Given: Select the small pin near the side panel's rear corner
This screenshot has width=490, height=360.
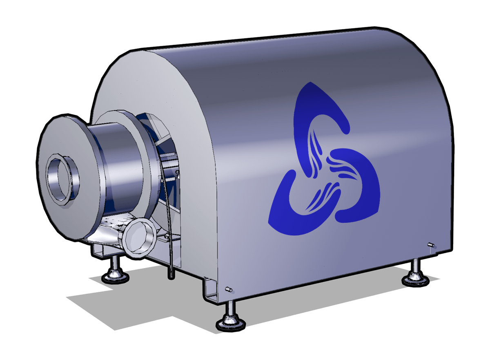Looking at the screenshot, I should (430, 244).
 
